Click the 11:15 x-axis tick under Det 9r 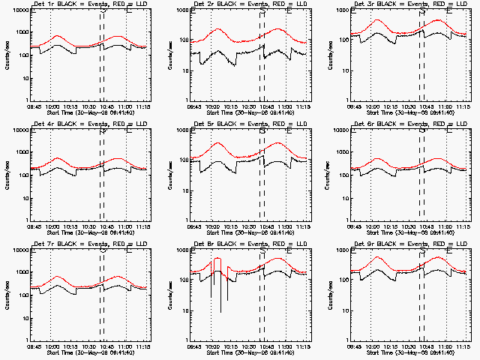(463, 346)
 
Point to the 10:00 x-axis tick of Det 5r (213, 226)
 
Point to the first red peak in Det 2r (218, 29)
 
